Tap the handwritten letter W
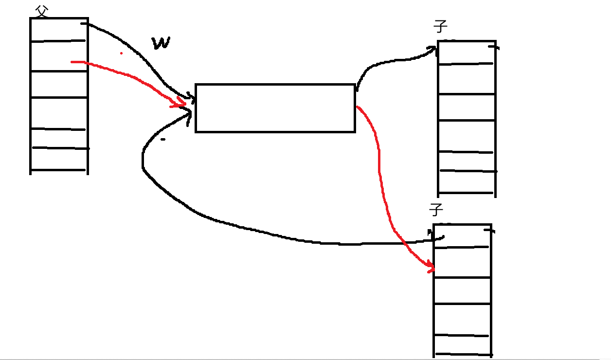161,43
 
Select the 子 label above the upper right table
440,26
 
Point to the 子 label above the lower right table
436,210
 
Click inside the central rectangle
275,108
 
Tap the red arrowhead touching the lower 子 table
430,267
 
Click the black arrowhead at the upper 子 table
432,48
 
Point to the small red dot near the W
121,53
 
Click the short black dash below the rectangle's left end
162,140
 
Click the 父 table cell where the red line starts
58,56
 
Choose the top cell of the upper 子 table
466,53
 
